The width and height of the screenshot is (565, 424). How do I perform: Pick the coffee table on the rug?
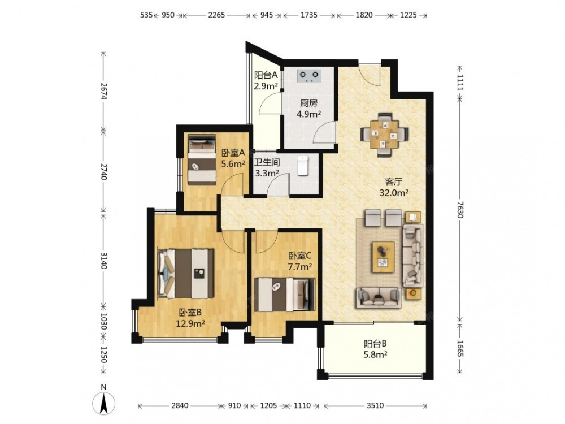click(383, 256)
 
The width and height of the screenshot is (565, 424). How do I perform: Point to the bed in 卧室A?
click(202, 159)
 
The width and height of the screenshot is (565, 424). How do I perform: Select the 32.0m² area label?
click(393, 193)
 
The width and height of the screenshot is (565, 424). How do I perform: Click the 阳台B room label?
click(376, 344)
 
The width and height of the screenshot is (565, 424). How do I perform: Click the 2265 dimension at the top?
click(216, 15)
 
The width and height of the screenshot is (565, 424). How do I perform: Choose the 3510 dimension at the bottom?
click(376, 405)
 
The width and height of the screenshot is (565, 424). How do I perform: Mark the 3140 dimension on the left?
click(104, 260)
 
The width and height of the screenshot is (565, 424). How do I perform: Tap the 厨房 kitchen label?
click(309, 103)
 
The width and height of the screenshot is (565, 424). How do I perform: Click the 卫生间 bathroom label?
click(267, 163)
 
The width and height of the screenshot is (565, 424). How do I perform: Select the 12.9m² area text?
click(190, 323)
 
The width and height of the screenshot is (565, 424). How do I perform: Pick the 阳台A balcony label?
click(266, 75)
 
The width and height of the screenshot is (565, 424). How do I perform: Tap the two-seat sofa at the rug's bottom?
click(379, 298)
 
